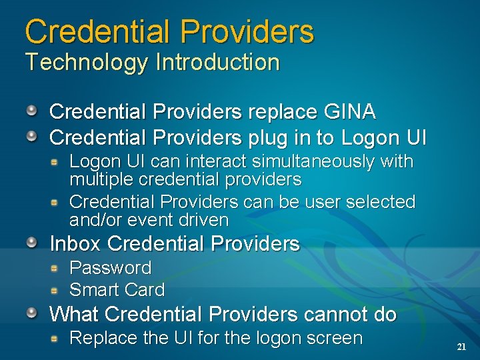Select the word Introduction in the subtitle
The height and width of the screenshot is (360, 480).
(217, 63)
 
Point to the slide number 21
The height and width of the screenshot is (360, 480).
(461, 347)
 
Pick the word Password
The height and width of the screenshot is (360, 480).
(111, 268)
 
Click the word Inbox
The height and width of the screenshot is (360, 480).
(76, 244)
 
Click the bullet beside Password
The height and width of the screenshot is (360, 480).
(57, 268)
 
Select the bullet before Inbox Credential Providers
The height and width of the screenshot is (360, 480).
(32, 243)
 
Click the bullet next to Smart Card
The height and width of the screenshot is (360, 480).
(57, 290)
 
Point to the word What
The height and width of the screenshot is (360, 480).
(74, 314)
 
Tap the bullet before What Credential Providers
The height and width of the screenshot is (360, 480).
(32, 313)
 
